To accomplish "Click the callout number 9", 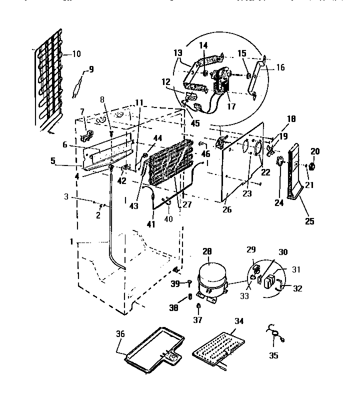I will click(90, 70).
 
